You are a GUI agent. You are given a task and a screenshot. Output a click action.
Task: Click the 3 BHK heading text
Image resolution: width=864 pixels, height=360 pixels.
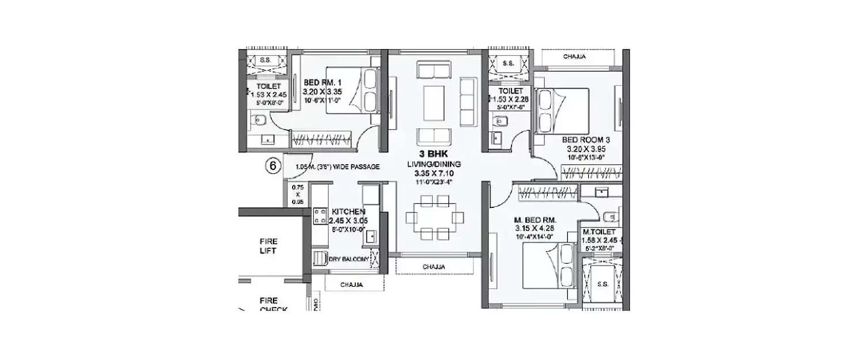pos(434,154)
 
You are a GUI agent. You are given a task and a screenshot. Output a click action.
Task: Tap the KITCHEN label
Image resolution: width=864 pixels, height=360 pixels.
pos(348,212)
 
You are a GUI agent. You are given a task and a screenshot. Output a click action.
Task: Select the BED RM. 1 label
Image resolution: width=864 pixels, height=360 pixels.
pos(322,82)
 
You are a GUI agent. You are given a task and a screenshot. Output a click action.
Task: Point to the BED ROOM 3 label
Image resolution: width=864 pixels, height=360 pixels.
pos(586,140)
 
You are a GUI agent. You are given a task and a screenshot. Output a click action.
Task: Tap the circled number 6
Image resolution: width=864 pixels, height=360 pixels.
pos(273,166)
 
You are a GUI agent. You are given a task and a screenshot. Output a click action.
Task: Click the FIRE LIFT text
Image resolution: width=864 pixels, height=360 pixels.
pos(268,247)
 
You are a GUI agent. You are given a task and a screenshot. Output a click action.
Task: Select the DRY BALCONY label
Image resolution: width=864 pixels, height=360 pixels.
pos(348,259)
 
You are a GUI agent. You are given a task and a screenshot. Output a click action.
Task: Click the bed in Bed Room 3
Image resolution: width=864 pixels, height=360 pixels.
pos(562,110)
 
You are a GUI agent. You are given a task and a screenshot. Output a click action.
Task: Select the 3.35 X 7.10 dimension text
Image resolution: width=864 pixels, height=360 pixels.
pos(434,173)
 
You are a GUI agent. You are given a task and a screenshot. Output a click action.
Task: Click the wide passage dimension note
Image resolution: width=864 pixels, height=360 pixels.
pos(337,167)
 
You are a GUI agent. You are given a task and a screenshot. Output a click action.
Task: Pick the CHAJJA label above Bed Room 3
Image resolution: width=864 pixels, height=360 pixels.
pos(575,57)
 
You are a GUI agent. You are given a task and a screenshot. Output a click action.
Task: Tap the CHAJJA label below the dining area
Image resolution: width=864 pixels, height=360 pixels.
pos(433,267)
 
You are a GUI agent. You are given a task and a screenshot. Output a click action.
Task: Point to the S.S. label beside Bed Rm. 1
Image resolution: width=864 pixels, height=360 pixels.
pos(266,59)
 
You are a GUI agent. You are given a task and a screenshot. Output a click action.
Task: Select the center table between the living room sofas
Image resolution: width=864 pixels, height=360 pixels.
pos(434,104)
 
